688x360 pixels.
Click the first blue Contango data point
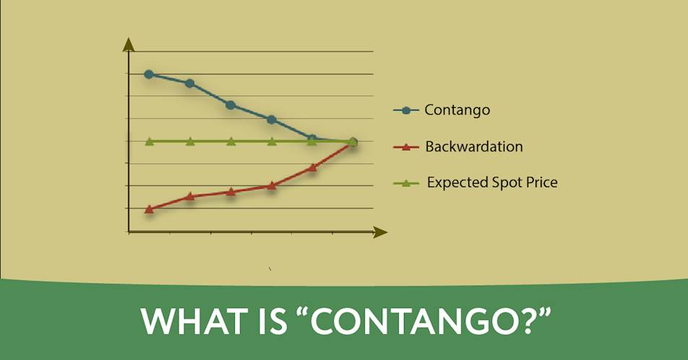pos(149,74)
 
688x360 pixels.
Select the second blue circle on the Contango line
pos(190,83)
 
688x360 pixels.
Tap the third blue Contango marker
pos(231,105)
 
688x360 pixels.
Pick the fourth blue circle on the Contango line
pos(272,119)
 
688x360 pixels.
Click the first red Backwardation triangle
pos(149,209)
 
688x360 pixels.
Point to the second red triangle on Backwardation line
pos(190,196)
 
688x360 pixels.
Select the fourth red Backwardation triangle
pos(272,185)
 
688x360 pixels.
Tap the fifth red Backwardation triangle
pos(312,167)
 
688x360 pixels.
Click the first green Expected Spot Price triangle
pos(149,142)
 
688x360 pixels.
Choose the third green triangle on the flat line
pos(231,142)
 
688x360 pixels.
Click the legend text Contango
pos(457,110)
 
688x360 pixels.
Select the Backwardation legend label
pos(474,146)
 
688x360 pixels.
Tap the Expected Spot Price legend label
pos(492,182)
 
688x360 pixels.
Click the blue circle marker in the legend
pos(406,110)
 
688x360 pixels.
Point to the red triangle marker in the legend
pos(406,147)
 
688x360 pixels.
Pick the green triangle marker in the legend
pos(406,183)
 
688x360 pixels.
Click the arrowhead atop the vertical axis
pos(129,44)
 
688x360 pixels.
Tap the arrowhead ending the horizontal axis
pos(380,232)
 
